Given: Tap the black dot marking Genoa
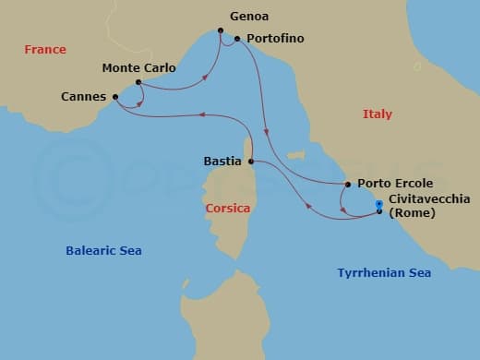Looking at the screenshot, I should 221,31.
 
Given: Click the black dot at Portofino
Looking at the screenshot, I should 237,39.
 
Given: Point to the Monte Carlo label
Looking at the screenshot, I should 138,67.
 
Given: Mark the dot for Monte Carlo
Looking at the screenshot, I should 138,82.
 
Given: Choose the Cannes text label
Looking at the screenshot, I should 82,96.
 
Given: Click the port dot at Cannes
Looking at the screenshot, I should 115,96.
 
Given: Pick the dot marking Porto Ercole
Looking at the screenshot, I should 347,185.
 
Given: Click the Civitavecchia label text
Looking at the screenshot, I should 429,198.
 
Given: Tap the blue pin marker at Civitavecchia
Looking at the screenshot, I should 379,206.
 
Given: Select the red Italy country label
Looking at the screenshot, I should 377,114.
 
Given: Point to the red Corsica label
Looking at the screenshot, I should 228,209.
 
